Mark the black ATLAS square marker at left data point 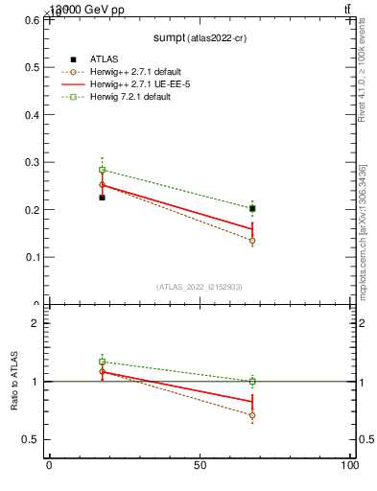pos(102,198)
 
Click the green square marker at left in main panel pos(102,170)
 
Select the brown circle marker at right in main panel pos(252,241)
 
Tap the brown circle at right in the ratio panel pos(252,415)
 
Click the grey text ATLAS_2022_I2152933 pos(200,287)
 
